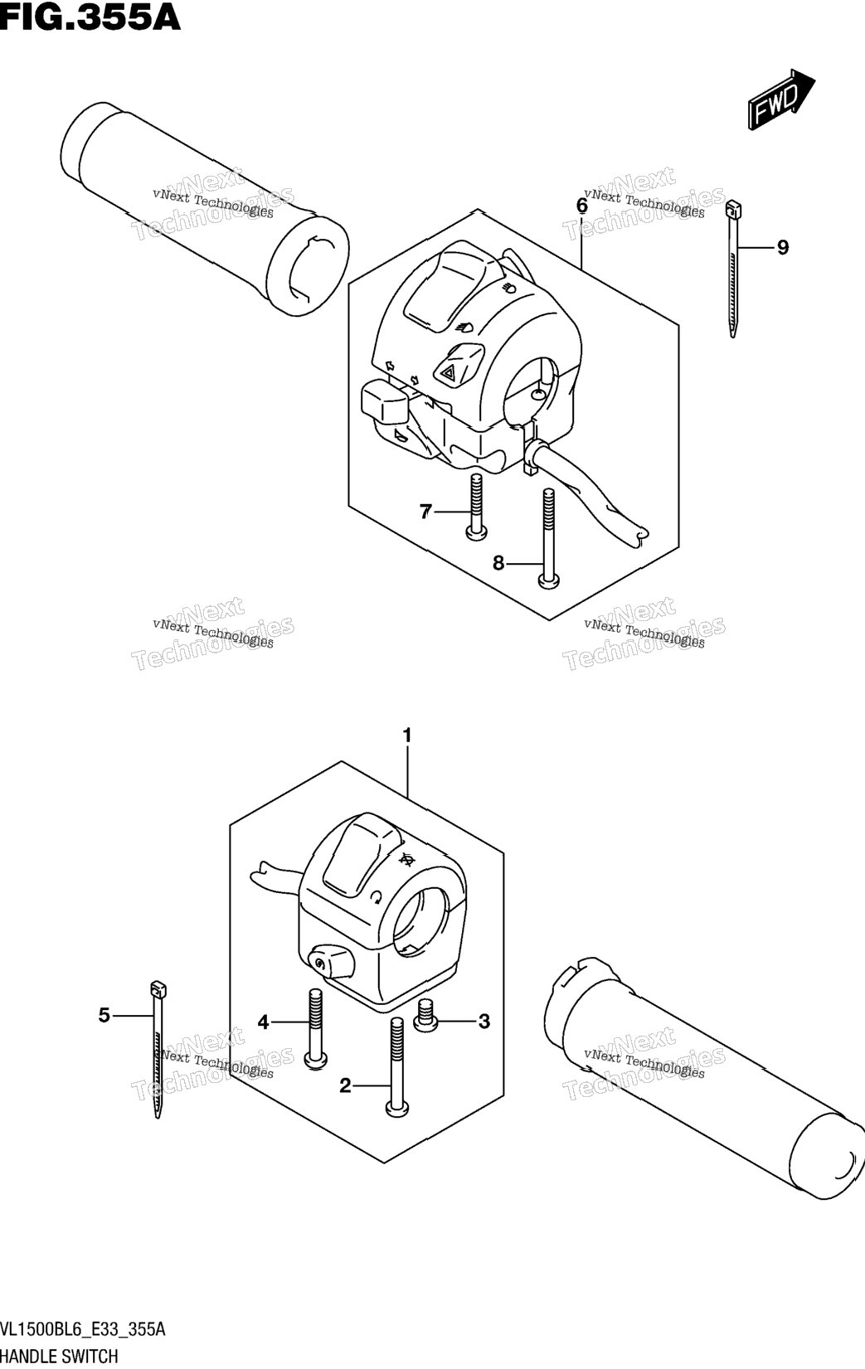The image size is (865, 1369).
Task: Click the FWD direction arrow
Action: point(781,99)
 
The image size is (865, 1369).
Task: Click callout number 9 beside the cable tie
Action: point(782,248)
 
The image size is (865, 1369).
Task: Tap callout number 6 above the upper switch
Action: point(582,206)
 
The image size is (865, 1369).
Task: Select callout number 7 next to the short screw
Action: point(425,511)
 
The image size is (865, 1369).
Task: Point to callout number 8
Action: point(498,563)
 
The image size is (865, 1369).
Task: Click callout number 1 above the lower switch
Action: point(407,735)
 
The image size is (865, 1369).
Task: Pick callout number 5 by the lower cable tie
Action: point(104,1015)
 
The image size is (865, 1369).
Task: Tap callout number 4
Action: point(263,1022)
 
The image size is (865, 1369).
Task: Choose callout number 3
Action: point(484,1021)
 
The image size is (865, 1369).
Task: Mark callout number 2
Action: point(345,1085)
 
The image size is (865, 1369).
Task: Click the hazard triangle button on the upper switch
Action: point(457,365)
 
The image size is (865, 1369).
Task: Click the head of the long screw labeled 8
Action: point(548,580)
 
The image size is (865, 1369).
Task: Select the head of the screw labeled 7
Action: point(477,532)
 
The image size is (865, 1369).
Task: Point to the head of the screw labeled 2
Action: point(396,1107)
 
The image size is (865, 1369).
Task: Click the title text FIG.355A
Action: point(90,17)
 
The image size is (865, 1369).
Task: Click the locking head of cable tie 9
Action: point(734,210)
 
